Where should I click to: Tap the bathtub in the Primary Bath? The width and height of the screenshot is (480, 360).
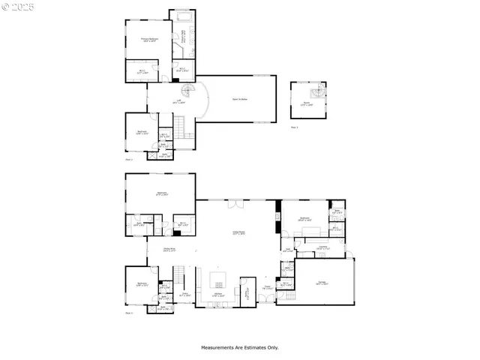183,15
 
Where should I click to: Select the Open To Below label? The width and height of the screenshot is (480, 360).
241,98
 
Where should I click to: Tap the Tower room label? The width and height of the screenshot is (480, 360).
305,104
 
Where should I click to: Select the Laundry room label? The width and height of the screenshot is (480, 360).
322,247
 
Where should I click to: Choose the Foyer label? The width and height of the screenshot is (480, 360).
267,286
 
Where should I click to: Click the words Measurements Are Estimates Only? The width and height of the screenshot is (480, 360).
239,347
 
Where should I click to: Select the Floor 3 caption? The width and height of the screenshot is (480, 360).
293,127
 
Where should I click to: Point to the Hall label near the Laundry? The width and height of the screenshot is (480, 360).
287,250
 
